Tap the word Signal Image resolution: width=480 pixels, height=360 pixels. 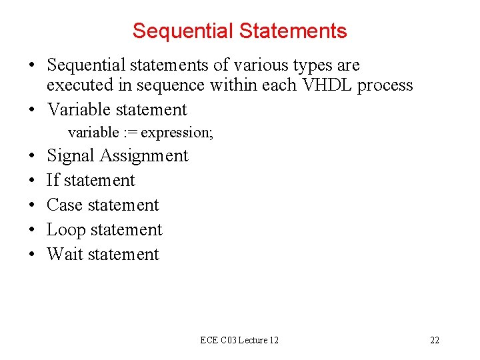[71, 156]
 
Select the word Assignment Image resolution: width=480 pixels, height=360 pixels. [144, 156]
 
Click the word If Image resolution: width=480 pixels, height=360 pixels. [52, 181]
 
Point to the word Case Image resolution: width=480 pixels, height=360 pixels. [64, 205]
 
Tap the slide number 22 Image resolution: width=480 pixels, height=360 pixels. [435, 340]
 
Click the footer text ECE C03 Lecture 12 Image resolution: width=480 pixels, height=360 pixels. [239, 340]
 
